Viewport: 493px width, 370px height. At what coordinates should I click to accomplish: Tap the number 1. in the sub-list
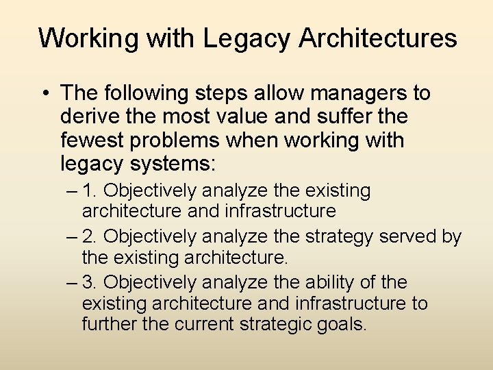[x=91, y=190]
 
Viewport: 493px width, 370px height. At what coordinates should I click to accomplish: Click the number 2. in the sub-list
[x=91, y=236]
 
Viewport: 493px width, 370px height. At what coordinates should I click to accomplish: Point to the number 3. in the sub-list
[x=91, y=282]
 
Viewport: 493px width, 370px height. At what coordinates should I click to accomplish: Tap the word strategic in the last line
[x=274, y=323]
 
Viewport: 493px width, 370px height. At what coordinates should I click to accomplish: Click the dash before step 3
[x=73, y=282]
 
